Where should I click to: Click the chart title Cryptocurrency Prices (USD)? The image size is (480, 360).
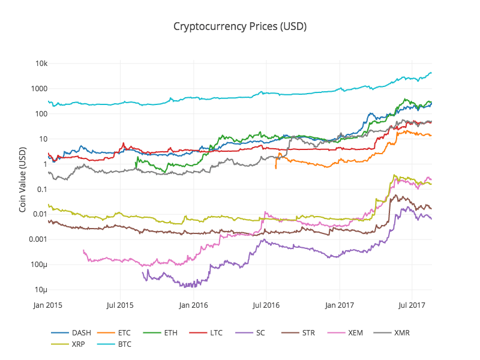[x=240, y=26]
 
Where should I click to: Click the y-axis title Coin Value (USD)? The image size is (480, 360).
[x=23, y=179]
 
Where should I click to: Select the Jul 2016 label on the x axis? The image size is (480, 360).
[x=265, y=305]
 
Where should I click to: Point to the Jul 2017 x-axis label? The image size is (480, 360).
[x=412, y=305]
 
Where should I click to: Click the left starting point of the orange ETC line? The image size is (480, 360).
[x=275, y=168]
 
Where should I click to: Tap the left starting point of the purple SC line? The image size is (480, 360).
[x=143, y=272]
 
